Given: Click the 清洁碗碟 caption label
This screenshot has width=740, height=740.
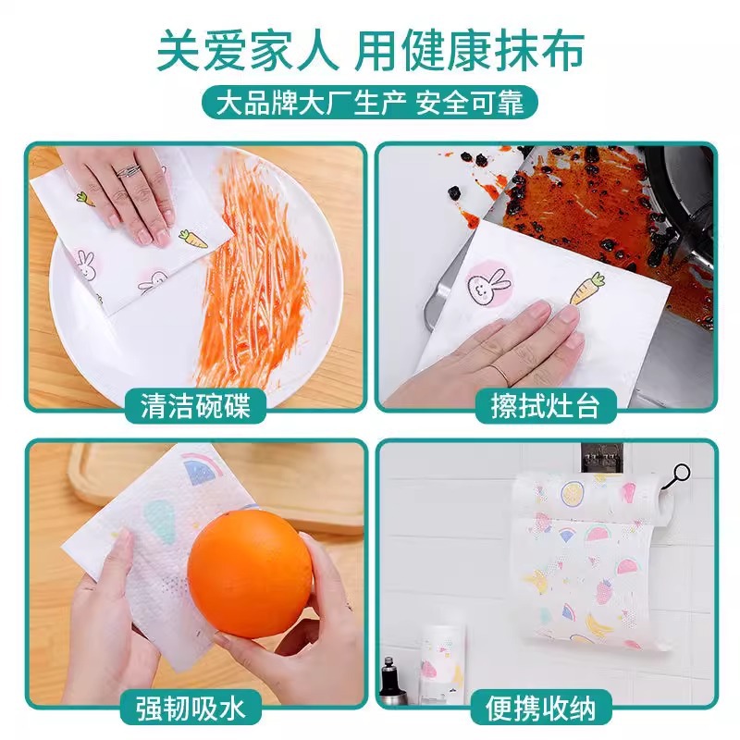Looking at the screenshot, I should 195,405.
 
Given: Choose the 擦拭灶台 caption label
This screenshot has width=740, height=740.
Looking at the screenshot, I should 545,405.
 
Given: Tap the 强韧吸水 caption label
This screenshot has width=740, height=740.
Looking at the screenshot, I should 195,709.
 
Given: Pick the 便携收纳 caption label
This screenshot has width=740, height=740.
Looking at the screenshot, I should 545,709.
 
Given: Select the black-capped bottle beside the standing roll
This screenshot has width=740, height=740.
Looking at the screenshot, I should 392,680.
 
